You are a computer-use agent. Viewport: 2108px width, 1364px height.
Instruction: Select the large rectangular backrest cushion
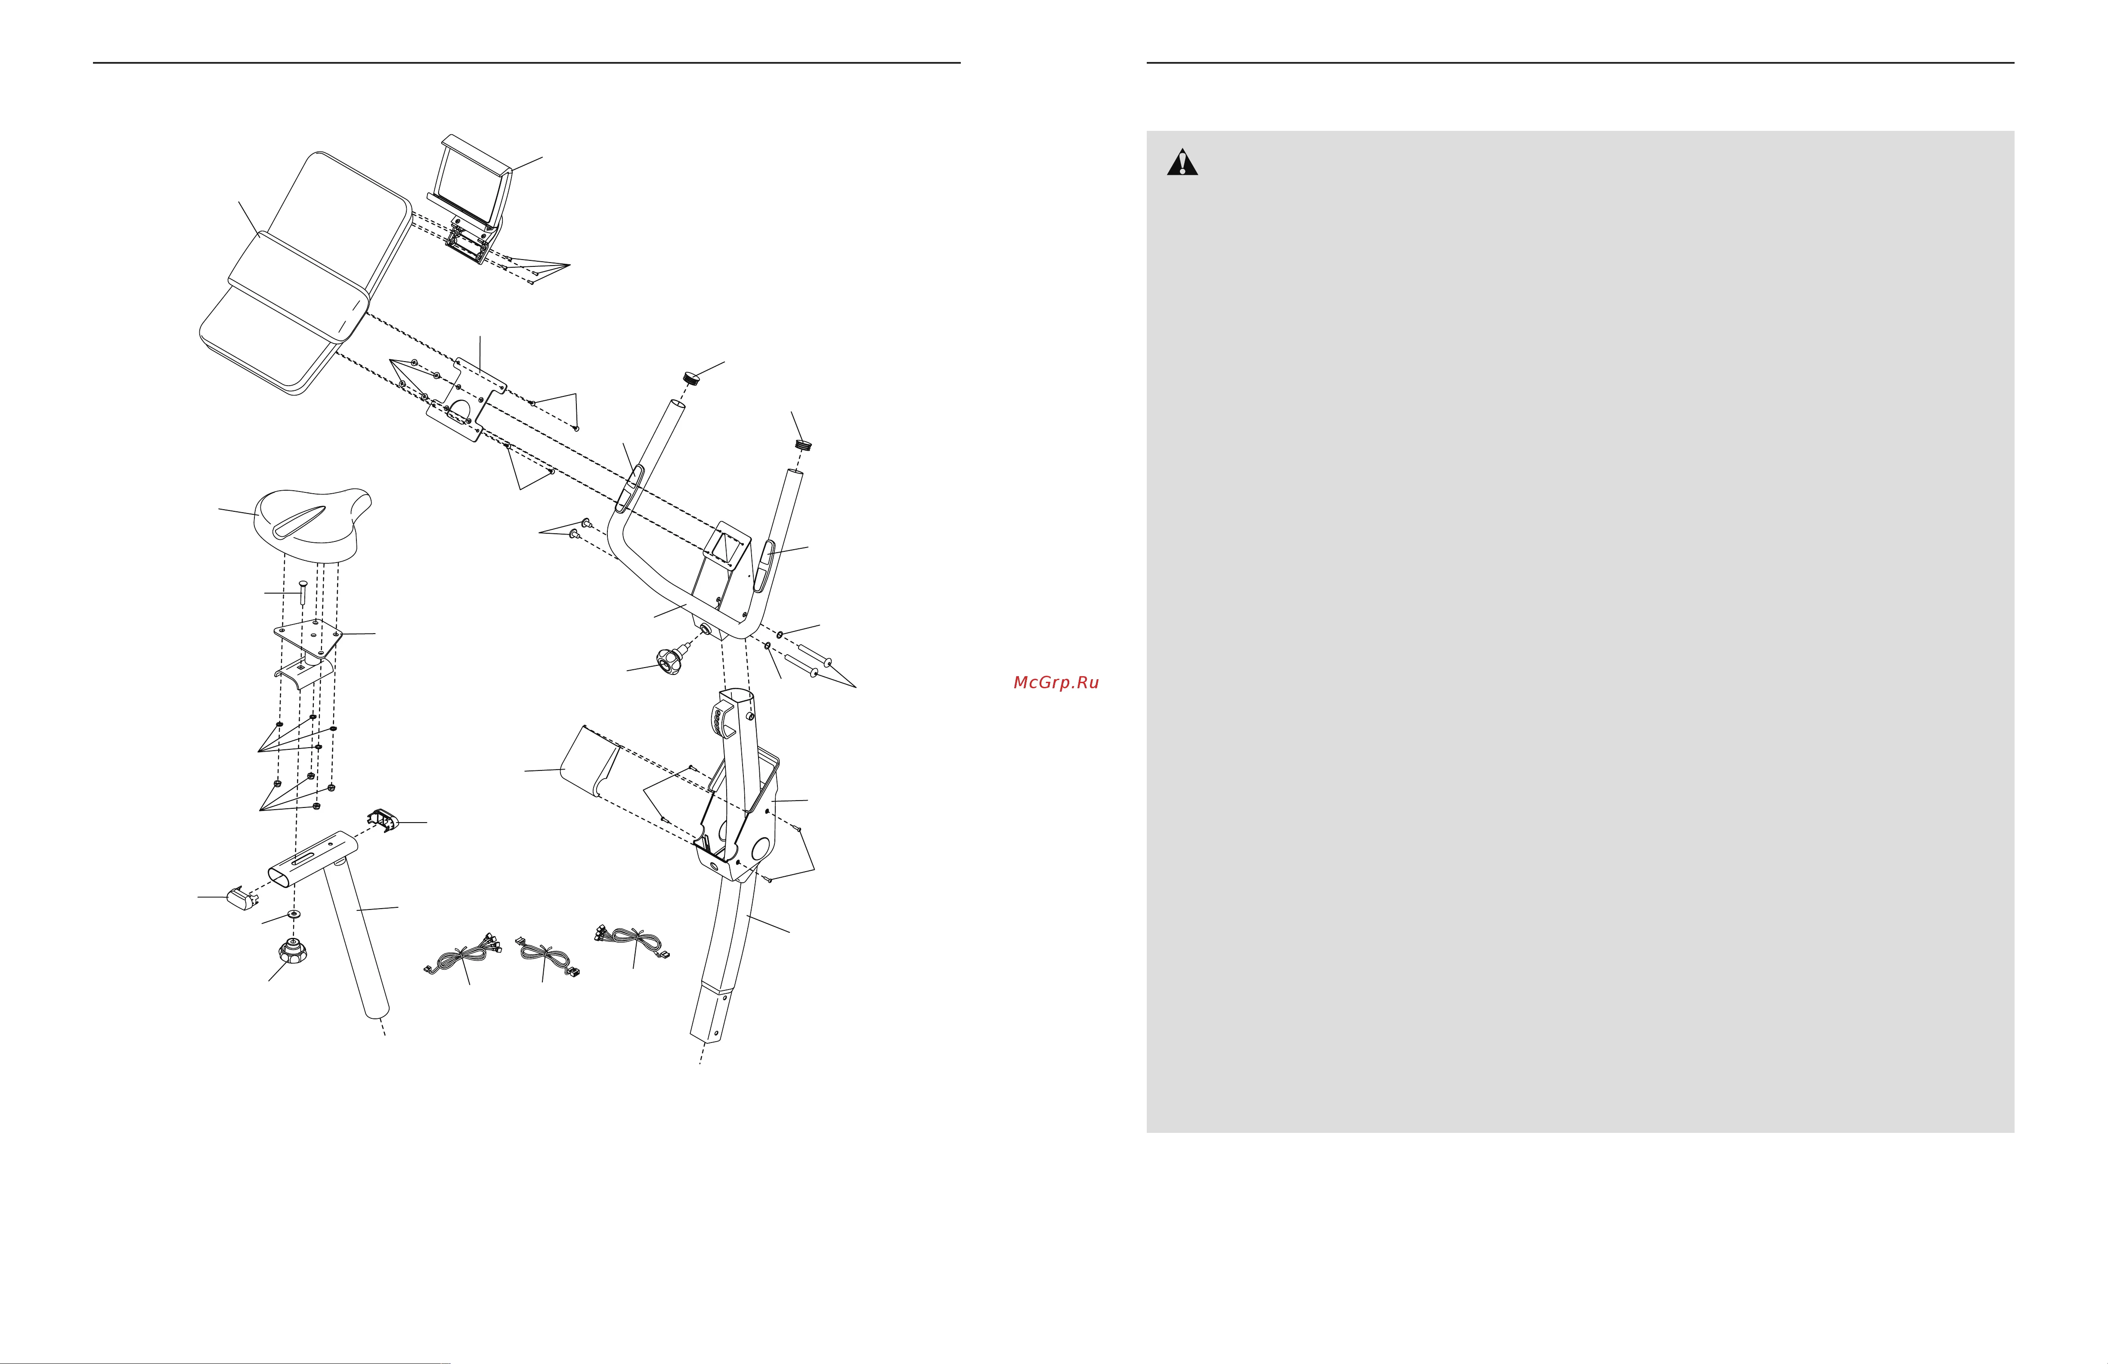point(306,273)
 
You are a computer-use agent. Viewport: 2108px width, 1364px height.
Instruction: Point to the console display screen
point(470,182)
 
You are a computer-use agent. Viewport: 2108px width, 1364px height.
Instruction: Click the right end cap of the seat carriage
point(383,820)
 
